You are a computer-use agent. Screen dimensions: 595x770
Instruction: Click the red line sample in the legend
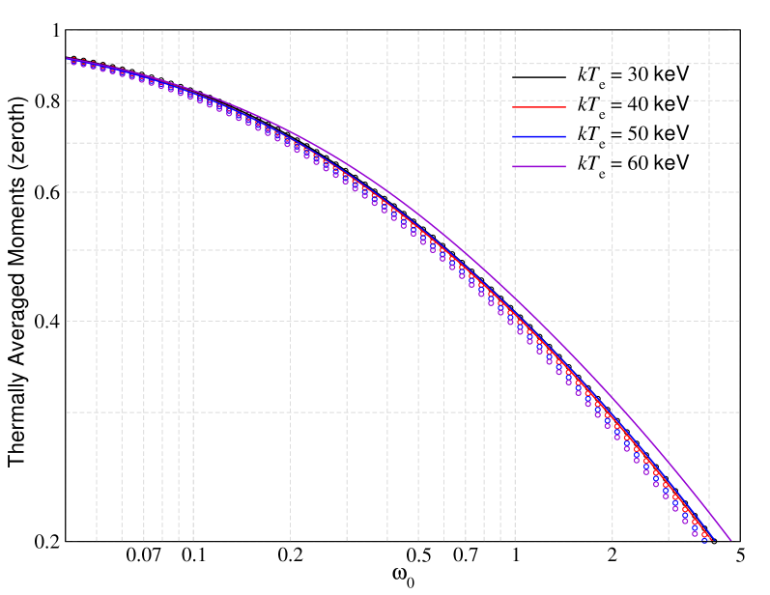(539, 106)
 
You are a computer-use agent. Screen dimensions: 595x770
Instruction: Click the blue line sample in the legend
(539, 137)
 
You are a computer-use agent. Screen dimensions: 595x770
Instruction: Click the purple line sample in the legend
(539, 167)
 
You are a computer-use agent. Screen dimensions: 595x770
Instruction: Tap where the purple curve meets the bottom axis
(732, 542)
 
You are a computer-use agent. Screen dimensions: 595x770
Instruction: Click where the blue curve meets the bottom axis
(712, 542)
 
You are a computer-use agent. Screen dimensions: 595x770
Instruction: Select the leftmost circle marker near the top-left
(73, 62)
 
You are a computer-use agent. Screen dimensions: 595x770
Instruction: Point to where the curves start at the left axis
(66, 59)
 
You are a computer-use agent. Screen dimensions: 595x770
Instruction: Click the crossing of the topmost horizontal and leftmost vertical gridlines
(97, 64)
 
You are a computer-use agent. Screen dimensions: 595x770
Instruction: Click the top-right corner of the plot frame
(740, 30)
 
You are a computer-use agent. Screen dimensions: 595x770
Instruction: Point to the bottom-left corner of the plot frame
(66, 542)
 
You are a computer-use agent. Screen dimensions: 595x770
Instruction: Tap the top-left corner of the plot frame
(66, 30)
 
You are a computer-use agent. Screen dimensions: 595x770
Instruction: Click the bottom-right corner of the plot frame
(740, 542)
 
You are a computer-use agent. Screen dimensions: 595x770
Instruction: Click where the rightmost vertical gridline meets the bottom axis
(709, 542)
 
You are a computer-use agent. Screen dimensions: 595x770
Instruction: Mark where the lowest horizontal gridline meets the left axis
(66, 412)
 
